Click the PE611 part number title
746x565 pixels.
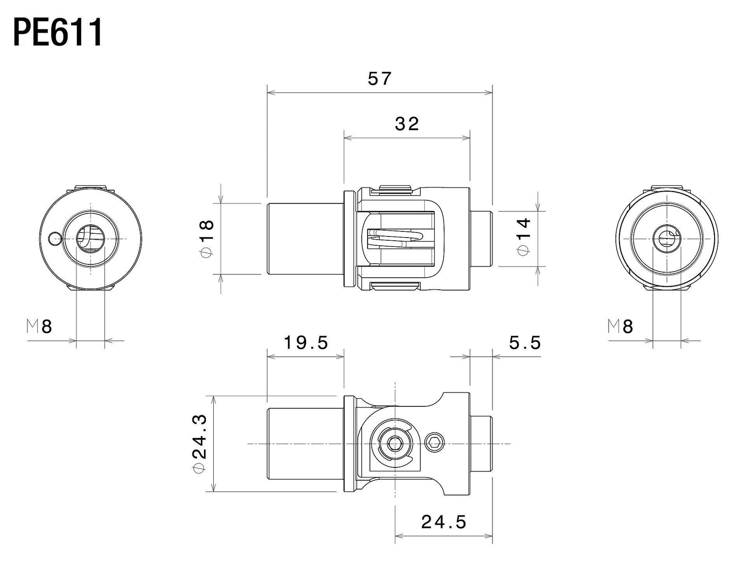pyautogui.click(x=58, y=33)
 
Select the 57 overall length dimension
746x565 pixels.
pyautogui.click(x=379, y=79)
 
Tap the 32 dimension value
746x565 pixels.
pyautogui.click(x=407, y=124)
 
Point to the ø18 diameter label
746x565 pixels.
pyautogui.click(x=206, y=237)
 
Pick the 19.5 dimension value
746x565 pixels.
pyautogui.click(x=306, y=342)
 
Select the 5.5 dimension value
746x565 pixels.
pyautogui.click(x=525, y=342)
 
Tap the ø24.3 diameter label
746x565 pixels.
pyautogui.click(x=200, y=444)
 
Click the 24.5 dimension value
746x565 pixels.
pyautogui.click(x=443, y=522)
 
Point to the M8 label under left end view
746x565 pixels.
pyautogui.click(x=40, y=326)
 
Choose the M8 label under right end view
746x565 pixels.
pyautogui.click(x=620, y=326)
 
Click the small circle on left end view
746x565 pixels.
pyautogui.click(x=54, y=238)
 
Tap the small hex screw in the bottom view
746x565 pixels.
pyautogui.click(x=435, y=443)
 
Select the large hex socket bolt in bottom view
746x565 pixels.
pyautogui.click(x=395, y=443)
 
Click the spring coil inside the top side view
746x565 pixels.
pyautogui.click(x=395, y=238)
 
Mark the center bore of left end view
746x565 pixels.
pyautogui.click(x=90, y=239)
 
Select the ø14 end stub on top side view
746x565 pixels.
pyautogui.click(x=481, y=238)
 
